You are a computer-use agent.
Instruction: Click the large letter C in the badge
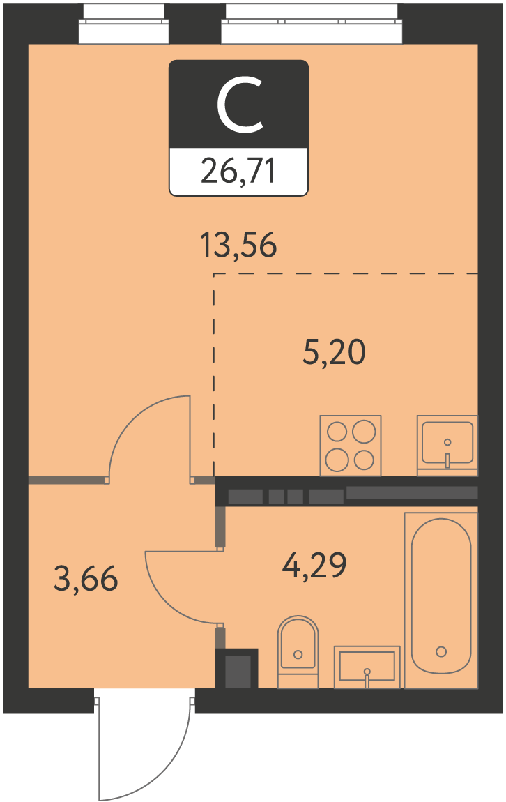pyautogui.click(x=239, y=105)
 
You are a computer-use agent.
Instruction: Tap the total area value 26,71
pyautogui.click(x=238, y=171)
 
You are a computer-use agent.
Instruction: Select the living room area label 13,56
pyautogui.click(x=238, y=245)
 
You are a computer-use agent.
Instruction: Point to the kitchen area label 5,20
pyautogui.click(x=335, y=352)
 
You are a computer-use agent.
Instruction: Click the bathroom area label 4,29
pyautogui.click(x=314, y=566)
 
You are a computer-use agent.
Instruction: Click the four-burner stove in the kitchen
pyautogui.click(x=351, y=446)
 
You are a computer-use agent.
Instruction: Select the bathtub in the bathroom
pyautogui.click(x=441, y=600)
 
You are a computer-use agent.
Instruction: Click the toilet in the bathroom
pyautogui.click(x=298, y=651)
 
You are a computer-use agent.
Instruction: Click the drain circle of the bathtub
pyautogui.click(x=441, y=651)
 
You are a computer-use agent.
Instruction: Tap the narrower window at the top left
pyautogui.click(x=123, y=24)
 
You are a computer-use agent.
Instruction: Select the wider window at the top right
pyautogui.click(x=312, y=24)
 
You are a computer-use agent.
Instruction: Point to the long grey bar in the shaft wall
pyautogui.click(x=412, y=492)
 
